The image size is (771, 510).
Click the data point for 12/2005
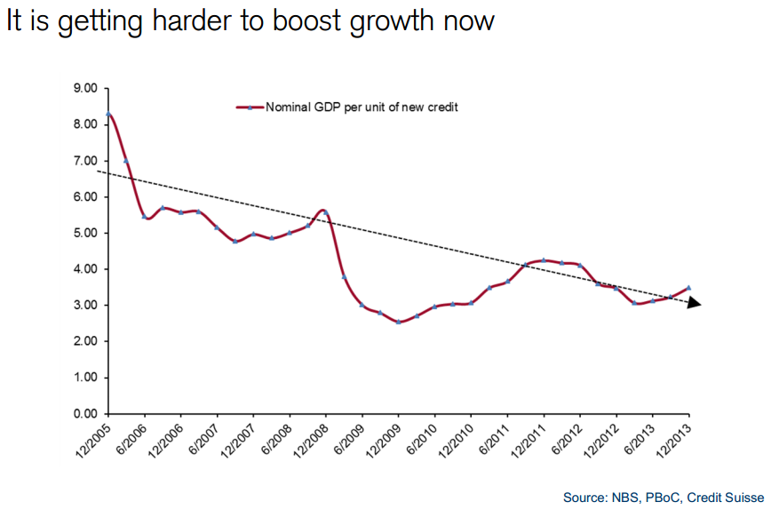click(x=108, y=115)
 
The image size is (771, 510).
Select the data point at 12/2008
click(x=326, y=212)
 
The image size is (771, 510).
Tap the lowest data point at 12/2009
click(x=398, y=322)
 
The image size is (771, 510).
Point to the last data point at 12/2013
click(x=688, y=288)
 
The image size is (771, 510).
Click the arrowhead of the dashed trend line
click(x=695, y=303)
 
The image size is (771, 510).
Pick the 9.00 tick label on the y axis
click(x=85, y=88)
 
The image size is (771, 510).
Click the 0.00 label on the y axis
click(x=85, y=414)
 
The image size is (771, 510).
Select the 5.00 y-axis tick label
click(x=85, y=233)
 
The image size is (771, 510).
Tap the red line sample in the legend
click(x=250, y=108)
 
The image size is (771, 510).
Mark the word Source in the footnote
click(x=584, y=496)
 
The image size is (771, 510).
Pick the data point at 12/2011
click(x=543, y=260)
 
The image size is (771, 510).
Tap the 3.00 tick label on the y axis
click(x=85, y=306)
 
